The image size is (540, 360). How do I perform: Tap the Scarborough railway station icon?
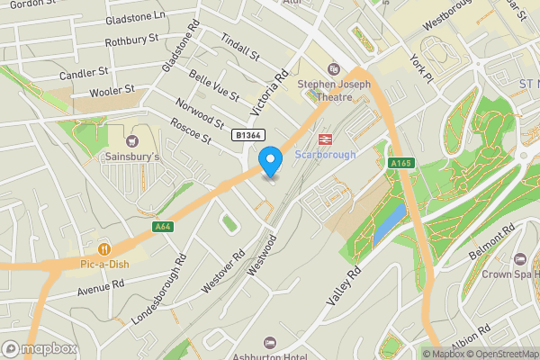click(325, 139)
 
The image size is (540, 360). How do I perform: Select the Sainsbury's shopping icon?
click(133, 140)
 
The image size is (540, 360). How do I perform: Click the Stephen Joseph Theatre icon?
click(334, 68)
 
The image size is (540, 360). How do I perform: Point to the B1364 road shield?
click(248, 135)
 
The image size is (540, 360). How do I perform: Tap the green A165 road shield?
click(400, 163)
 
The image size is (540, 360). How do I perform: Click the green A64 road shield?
click(163, 227)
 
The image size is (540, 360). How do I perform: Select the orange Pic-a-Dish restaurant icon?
click(105, 248)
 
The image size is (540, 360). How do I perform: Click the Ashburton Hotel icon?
click(268, 343)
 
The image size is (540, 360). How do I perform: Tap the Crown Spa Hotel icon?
click(518, 259)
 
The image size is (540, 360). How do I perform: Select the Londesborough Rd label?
click(158, 288)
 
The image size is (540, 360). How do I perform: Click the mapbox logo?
click(40, 348)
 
